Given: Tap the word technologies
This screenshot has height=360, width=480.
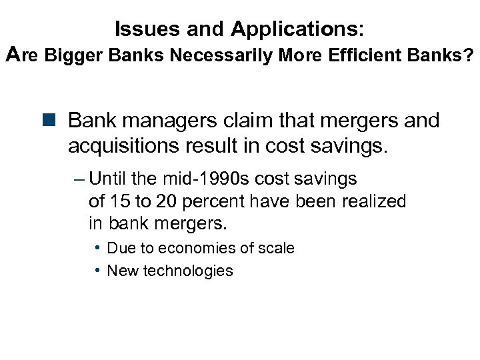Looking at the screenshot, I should coord(193,270).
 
